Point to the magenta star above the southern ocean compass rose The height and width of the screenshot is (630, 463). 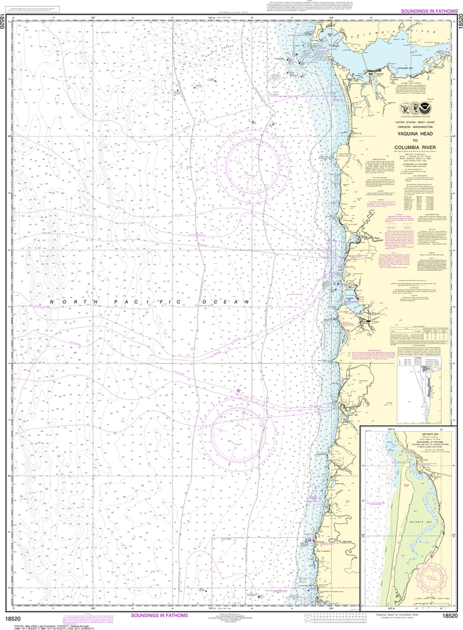[239, 391]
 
